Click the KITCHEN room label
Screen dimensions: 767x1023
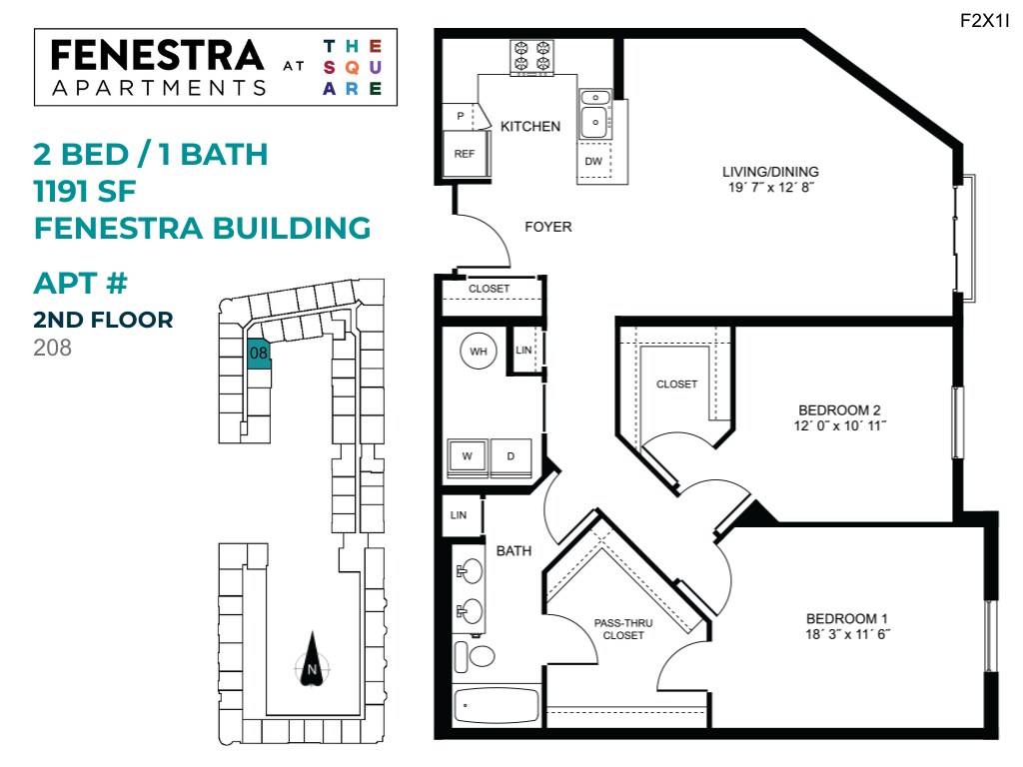[x=530, y=127]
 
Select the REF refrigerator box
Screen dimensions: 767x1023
[x=465, y=154]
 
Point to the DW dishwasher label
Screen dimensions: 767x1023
[x=593, y=161]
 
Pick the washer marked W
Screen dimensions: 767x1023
[x=467, y=456]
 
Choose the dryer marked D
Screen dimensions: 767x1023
[x=511, y=456]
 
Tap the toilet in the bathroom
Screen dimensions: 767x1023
[x=476, y=656]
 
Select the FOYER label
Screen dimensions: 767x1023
[x=548, y=227]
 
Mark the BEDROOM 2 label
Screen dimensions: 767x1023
[x=839, y=409]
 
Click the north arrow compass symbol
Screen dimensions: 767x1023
[x=312, y=660]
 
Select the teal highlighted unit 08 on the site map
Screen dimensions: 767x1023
[x=259, y=355]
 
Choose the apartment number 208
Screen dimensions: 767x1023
[x=53, y=349]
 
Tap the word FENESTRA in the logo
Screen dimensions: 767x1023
[x=157, y=54]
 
